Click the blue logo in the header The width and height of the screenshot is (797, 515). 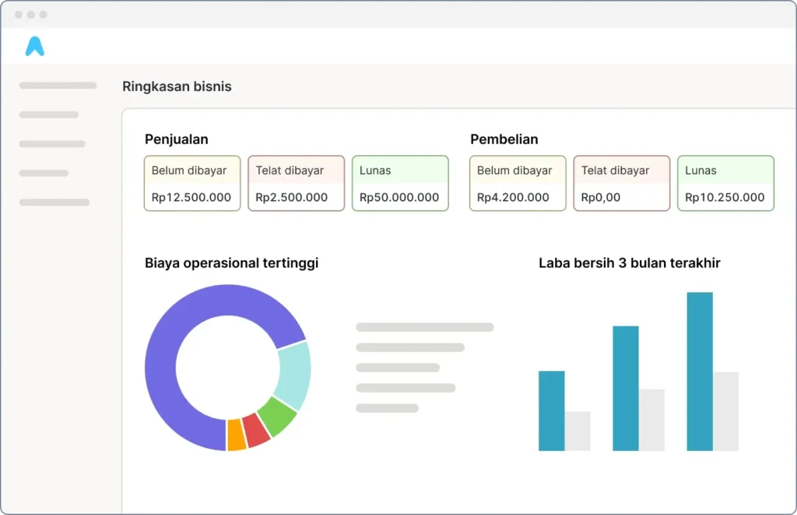click(34, 47)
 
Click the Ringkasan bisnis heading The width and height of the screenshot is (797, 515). click(177, 86)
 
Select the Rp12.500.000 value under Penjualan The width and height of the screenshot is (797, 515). click(191, 197)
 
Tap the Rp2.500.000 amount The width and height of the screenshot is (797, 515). click(291, 197)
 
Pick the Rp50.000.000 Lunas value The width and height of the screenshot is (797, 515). click(399, 197)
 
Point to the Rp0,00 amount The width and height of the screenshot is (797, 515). click(601, 197)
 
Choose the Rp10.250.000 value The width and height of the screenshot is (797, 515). click(725, 197)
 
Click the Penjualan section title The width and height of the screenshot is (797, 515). click(177, 139)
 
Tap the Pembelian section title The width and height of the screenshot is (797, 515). click(504, 139)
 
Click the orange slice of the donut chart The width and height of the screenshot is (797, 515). click(237, 435)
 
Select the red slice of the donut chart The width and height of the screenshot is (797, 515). click(255, 429)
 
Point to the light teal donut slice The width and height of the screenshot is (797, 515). click(294, 375)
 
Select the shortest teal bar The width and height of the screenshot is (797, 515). click(551, 411)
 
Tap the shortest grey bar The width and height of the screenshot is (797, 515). click(578, 431)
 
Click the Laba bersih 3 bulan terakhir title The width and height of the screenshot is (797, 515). click(629, 263)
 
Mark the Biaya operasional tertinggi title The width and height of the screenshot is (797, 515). click(231, 263)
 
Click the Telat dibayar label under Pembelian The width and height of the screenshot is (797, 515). click(615, 170)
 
